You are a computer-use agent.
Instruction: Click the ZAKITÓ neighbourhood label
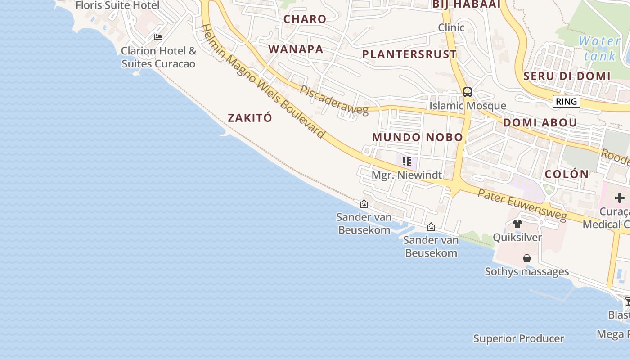[x=250, y=118]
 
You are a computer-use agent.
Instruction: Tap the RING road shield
[x=566, y=101]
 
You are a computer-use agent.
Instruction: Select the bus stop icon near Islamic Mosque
[x=468, y=92]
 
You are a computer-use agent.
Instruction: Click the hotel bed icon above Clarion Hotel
[x=158, y=37]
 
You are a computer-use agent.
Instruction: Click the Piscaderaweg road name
[x=333, y=100]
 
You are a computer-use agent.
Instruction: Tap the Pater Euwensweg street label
[x=522, y=205]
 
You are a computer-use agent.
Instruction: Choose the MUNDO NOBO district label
[x=418, y=137]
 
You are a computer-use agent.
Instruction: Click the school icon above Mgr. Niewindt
[x=407, y=161]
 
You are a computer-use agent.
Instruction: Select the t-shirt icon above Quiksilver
[x=517, y=224]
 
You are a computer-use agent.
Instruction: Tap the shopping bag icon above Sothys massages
[x=527, y=258]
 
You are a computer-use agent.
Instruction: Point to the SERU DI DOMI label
[x=567, y=76]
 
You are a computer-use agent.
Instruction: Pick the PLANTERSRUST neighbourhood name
[x=409, y=54]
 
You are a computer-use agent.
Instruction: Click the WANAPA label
[x=296, y=49]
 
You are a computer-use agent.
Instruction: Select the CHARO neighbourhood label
[x=305, y=19]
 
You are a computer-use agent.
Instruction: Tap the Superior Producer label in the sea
[x=518, y=338]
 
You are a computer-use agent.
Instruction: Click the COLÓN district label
[x=567, y=174]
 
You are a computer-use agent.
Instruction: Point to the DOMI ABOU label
[x=540, y=123]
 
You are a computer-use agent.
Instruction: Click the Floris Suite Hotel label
[x=117, y=5]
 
